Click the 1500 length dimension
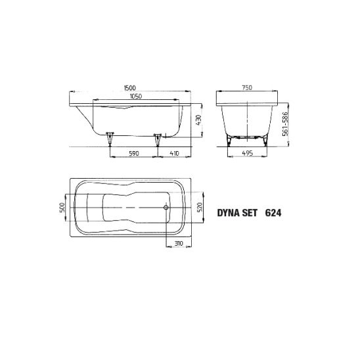click(129, 88)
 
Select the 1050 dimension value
click(136, 96)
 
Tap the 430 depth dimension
click(198, 120)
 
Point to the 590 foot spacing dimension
click(134, 153)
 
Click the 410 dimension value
click(174, 153)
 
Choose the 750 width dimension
click(247, 87)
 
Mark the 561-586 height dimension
click(285, 124)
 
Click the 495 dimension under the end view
click(248, 153)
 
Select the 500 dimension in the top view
click(62, 208)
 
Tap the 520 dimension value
click(199, 207)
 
